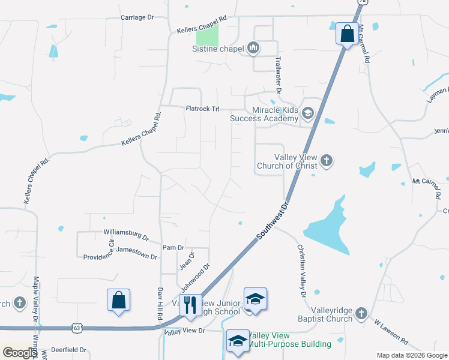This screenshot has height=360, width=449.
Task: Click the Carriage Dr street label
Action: [137, 17]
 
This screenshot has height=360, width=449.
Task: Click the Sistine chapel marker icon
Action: [253, 48]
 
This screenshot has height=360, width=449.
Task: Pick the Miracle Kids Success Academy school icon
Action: [308, 113]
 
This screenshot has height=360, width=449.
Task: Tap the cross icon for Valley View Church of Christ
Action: [327, 160]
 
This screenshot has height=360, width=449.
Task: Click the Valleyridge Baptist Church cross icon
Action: [361, 313]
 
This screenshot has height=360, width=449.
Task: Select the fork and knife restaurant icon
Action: [190, 304]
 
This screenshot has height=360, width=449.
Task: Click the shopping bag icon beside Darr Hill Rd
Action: [119, 300]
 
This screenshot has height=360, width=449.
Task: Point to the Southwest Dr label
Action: [273, 221]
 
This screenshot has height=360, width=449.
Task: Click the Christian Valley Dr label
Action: [301, 271]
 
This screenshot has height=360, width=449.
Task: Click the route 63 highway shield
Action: [76, 328]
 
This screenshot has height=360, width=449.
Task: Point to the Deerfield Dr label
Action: [69, 349]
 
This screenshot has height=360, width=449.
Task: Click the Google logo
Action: [19, 352]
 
